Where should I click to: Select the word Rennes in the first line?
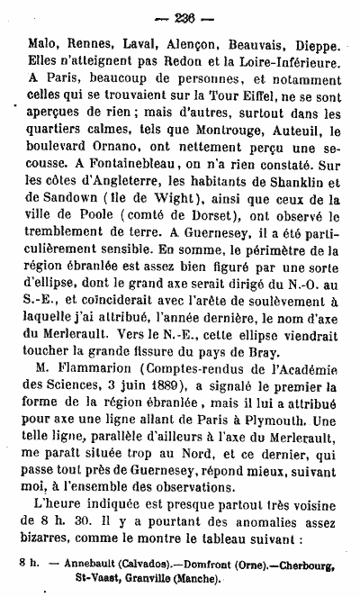[x=86, y=44]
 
